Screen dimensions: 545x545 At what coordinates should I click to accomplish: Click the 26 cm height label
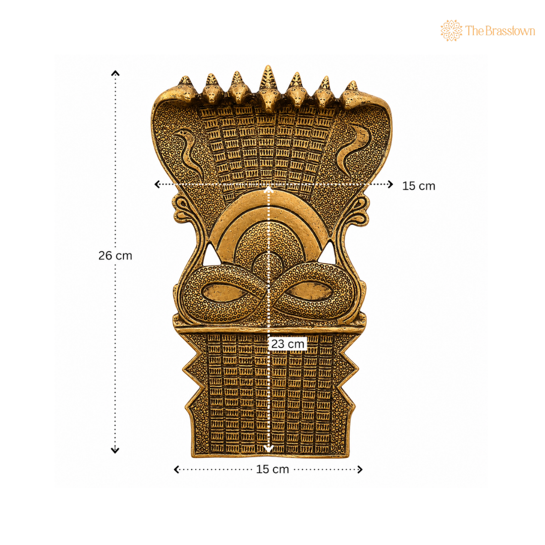(115, 255)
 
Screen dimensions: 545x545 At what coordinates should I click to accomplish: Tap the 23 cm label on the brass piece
(288, 344)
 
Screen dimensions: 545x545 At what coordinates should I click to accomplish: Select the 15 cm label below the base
(272, 469)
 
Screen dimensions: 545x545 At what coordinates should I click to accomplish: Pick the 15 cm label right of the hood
(418, 186)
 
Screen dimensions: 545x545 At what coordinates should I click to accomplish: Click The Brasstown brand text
(500, 31)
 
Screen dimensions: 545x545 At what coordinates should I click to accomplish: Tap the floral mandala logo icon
(451, 31)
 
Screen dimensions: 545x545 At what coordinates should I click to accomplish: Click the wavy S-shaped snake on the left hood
(189, 152)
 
